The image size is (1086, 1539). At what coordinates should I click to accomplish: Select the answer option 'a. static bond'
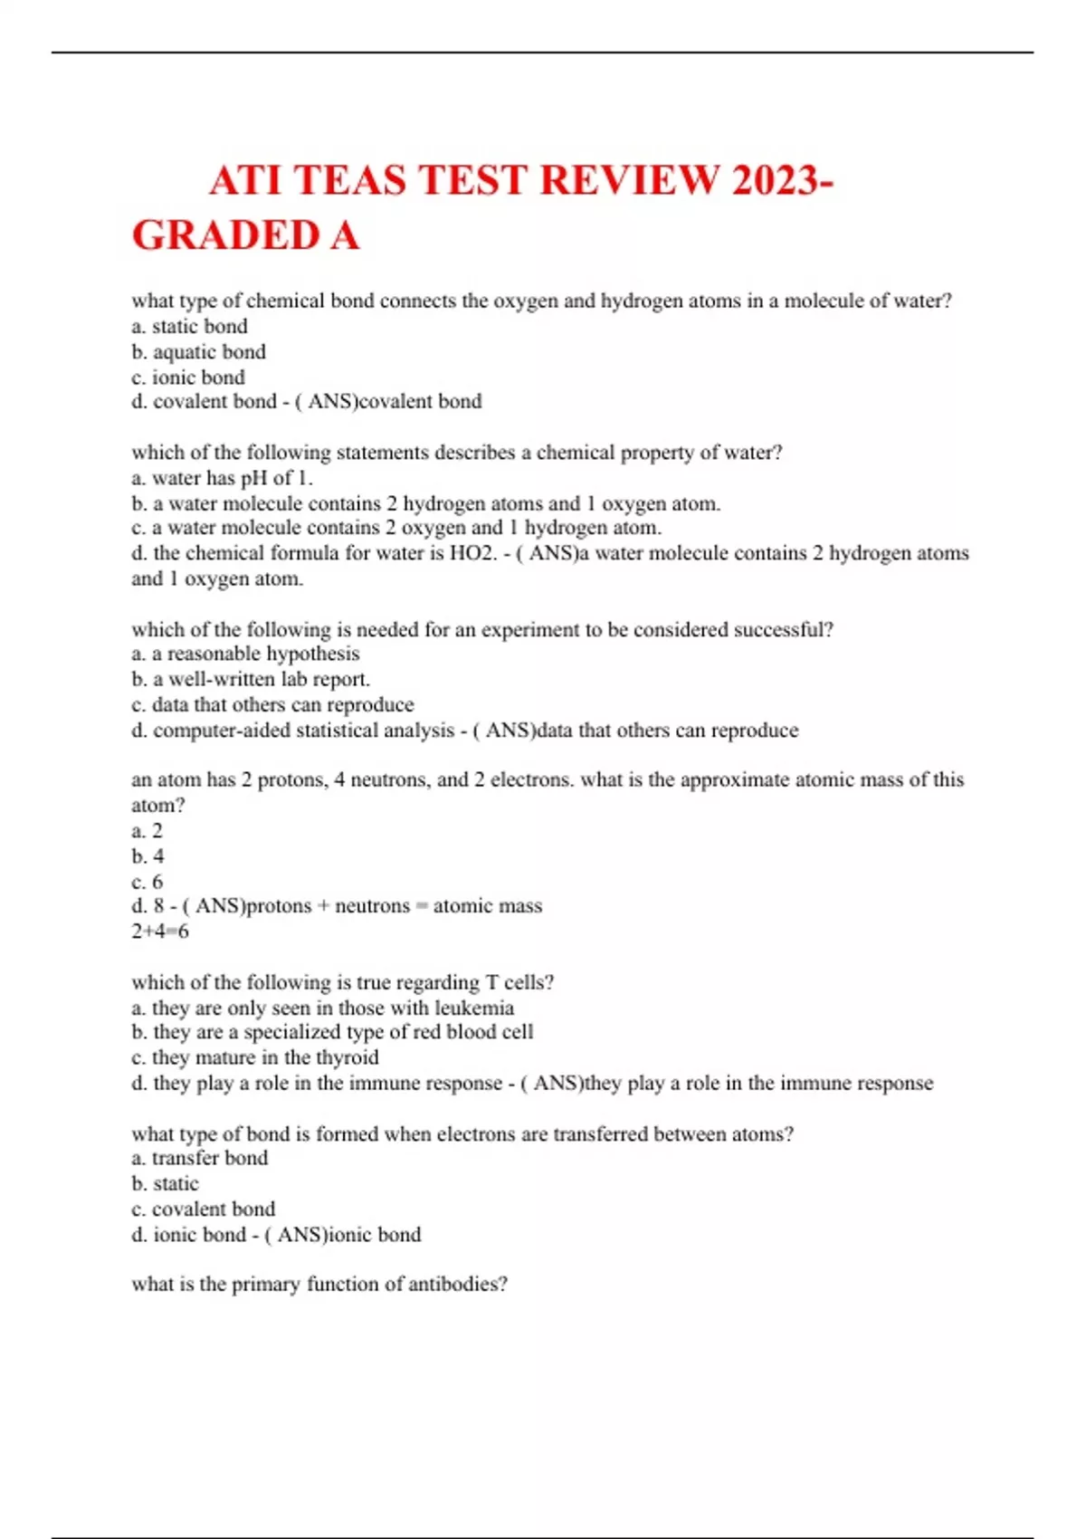(x=189, y=327)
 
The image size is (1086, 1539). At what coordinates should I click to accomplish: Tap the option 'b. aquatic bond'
(x=198, y=352)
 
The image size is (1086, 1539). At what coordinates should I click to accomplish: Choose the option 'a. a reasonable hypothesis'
(x=245, y=654)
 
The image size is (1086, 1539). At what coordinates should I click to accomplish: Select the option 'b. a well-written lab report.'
(x=251, y=679)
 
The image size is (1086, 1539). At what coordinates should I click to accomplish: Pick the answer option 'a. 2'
(x=147, y=831)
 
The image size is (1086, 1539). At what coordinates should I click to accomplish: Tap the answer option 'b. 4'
(x=148, y=856)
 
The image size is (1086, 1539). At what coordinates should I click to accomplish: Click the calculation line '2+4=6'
(x=160, y=932)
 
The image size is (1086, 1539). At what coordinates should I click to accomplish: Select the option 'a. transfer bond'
(x=200, y=1158)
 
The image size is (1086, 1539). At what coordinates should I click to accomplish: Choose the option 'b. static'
(x=165, y=1183)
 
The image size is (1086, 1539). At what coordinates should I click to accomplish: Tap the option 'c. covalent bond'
(x=204, y=1209)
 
